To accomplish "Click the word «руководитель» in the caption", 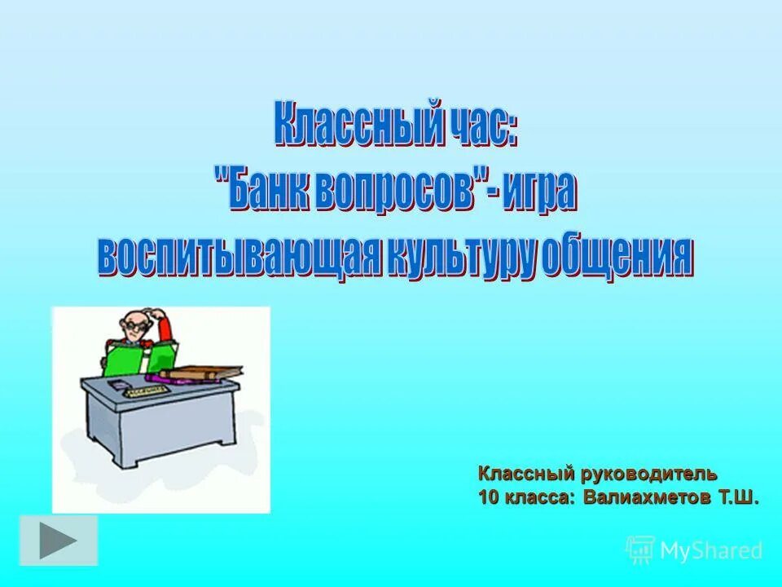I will click(648, 473).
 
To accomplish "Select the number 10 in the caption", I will click(487, 498).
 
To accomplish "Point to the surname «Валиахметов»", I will click(647, 498).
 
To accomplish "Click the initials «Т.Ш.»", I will click(738, 498).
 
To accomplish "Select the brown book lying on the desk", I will click(200, 373).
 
